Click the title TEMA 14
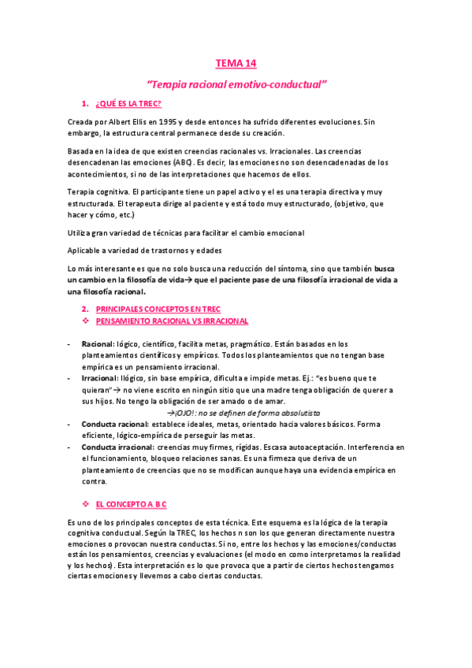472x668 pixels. click(236, 64)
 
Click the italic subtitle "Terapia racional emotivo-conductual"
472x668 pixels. click(236, 83)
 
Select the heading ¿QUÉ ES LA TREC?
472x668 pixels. click(128, 104)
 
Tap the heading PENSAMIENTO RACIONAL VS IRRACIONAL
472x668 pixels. click(172, 321)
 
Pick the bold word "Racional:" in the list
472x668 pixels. click(98, 344)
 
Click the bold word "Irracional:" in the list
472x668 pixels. click(100, 378)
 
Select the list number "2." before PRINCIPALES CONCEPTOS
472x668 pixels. click(86, 310)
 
